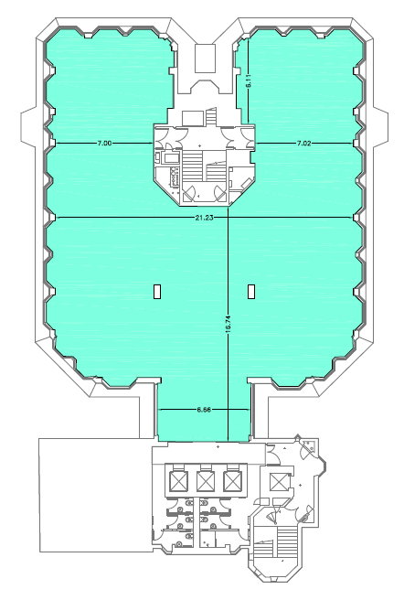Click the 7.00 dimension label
(104, 144)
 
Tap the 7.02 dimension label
(304, 144)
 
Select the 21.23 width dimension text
(204, 218)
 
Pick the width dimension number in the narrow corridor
(204, 410)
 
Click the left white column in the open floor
(156, 291)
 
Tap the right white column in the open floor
(251, 291)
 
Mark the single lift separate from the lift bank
(278, 482)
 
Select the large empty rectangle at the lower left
(96, 495)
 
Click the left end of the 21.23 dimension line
(56, 218)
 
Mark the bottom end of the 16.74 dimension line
(228, 441)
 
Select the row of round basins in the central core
(175, 177)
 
